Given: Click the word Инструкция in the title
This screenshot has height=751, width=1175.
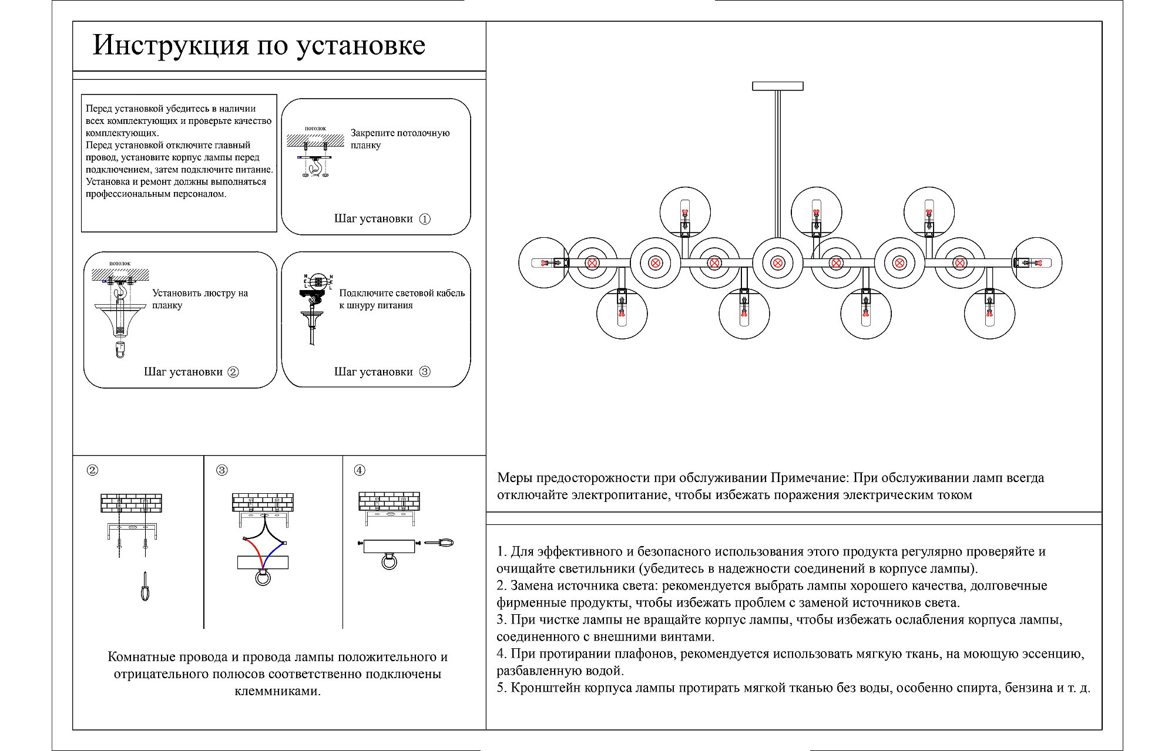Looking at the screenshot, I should coord(170,46).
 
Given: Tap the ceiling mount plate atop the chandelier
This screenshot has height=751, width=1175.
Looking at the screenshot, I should coord(777,86).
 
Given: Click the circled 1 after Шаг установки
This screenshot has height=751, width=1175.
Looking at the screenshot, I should coord(425,219).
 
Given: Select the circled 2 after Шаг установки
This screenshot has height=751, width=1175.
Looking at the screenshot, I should coord(233,372).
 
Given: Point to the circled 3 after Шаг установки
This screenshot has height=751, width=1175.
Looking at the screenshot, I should coord(425,372).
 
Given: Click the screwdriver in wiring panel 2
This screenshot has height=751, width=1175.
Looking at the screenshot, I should coord(145,587).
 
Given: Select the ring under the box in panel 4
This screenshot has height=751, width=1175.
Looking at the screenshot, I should coord(390,563).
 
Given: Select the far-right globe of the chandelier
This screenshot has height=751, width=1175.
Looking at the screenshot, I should coord(1037,263).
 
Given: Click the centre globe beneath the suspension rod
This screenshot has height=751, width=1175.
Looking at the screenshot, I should coord(777,263).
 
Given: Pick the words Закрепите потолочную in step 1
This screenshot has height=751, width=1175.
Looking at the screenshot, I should coord(400,133).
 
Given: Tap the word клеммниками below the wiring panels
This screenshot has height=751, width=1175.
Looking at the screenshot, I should coord(277,691).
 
